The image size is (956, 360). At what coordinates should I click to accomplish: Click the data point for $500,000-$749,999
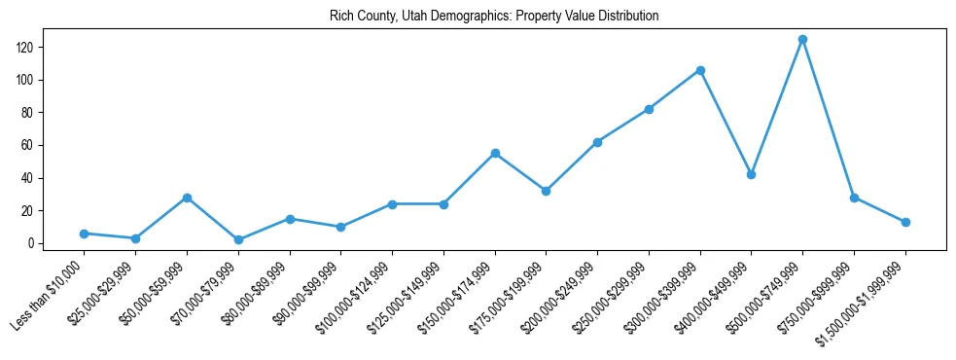point(802,40)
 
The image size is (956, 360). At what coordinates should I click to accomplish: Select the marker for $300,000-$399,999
point(700,70)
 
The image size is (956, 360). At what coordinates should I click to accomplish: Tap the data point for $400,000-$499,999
point(751,175)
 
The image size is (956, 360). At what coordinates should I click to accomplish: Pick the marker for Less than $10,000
point(84,234)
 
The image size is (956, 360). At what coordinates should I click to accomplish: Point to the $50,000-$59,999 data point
point(187,198)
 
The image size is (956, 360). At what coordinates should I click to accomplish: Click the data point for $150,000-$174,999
point(495,154)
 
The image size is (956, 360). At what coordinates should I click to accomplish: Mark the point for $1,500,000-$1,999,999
point(905,222)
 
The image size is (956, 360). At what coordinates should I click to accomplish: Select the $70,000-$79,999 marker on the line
point(238,239)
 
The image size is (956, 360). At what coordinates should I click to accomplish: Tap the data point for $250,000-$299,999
point(649,109)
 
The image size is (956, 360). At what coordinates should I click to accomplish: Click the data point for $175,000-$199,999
point(546,191)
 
